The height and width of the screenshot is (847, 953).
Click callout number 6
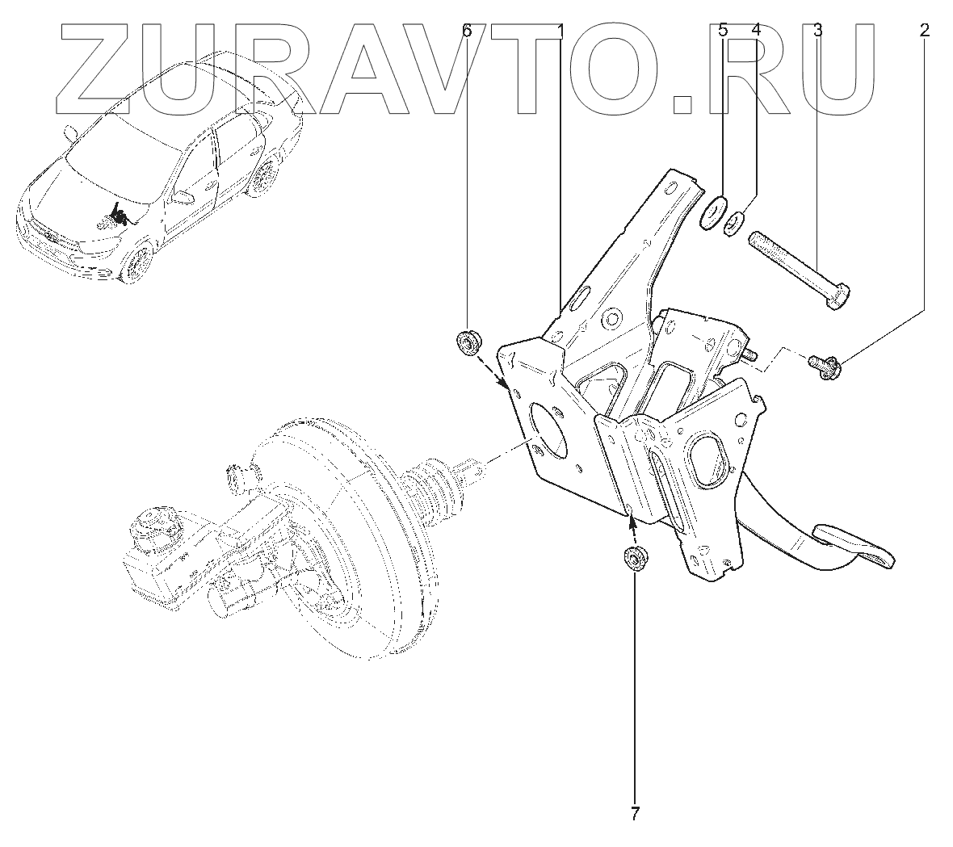(466, 31)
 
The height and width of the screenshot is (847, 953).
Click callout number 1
(560, 31)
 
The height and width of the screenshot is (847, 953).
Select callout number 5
(724, 31)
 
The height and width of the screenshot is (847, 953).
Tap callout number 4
(756, 31)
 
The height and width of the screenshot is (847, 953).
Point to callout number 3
(818, 31)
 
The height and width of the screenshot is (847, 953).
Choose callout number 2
(924, 31)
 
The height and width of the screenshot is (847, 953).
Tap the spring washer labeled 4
(737, 220)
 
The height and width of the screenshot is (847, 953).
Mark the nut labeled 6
(468, 343)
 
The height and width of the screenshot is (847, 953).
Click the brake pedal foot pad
(854, 543)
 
